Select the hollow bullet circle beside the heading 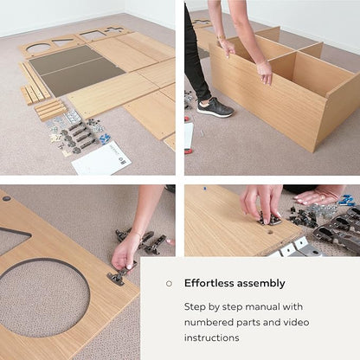tap(169, 284)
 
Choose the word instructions tap(212, 337)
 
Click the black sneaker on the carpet tap(215, 107)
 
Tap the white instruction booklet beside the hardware tap(101, 159)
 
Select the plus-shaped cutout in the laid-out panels tap(114, 29)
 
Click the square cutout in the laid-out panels tap(91, 35)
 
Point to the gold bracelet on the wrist tap(222, 37)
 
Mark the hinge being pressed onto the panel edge tap(119, 275)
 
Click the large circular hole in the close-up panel tap(43, 299)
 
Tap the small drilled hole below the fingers tap(271, 231)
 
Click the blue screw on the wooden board tap(205, 189)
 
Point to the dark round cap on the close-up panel tap(6, 198)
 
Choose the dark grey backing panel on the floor tap(75, 71)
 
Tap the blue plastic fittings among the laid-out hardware tap(105, 138)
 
